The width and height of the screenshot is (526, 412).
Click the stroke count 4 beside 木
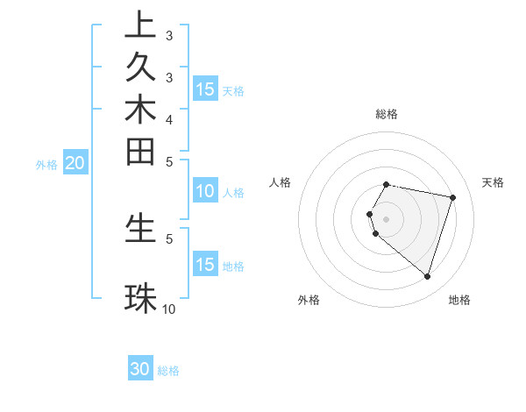169,119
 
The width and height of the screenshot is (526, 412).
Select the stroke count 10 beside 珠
169,309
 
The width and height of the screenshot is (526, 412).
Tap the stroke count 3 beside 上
169,37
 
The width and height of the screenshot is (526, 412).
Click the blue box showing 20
75,163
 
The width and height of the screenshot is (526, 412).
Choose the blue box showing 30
140,370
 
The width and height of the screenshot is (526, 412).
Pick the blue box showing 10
205,192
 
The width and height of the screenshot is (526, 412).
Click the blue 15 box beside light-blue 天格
205,89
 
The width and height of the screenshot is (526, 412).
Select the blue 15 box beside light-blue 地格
205,265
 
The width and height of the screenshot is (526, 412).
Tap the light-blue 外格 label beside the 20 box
46,164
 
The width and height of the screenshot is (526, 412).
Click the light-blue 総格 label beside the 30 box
168,371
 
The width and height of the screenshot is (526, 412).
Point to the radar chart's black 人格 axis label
281,182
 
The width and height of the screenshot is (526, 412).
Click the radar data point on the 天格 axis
452,198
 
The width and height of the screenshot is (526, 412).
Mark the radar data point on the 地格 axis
427,277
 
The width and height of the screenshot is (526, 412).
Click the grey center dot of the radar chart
386,218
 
